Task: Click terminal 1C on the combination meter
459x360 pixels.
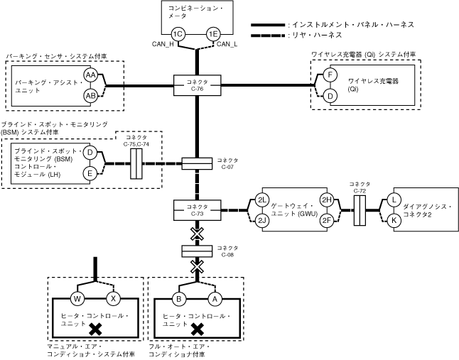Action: (x=178, y=34)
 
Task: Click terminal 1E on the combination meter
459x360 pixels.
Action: (x=212, y=34)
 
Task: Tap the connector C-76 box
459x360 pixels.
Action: (x=195, y=86)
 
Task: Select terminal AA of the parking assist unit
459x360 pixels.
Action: (x=90, y=75)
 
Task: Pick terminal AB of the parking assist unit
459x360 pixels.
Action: (x=90, y=96)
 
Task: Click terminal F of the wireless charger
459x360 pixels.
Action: (x=330, y=75)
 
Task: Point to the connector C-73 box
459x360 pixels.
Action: (x=195, y=209)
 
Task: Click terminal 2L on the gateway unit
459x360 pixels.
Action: (x=262, y=200)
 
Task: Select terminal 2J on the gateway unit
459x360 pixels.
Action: (x=262, y=220)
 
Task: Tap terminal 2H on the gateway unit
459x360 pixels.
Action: (x=326, y=200)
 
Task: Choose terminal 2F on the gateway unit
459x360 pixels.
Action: (x=326, y=220)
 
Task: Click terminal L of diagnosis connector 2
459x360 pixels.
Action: (x=394, y=200)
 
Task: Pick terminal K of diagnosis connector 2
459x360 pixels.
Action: (x=394, y=220)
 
